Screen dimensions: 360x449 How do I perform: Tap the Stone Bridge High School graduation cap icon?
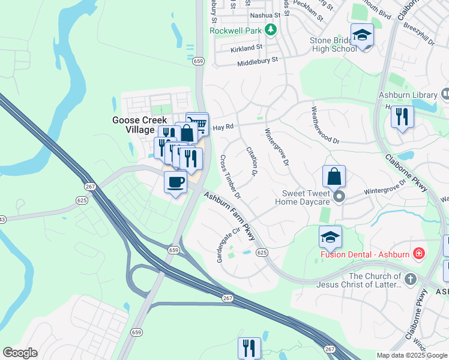coord(363,36)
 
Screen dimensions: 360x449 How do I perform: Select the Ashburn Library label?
coord(408,95)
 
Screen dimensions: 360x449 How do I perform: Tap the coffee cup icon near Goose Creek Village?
coord(175,182)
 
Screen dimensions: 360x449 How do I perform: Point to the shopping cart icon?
coord(197,124)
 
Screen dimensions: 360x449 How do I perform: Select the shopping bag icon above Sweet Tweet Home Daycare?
coord(334,176)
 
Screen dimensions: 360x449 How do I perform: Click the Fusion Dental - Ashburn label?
coord(364,254)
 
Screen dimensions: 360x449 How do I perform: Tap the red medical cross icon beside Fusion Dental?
coord(418,253)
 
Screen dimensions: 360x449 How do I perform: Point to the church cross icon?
coord(410,279)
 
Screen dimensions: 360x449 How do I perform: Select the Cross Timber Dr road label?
coord(230,177)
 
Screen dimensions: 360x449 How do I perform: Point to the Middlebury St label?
coord(258,61)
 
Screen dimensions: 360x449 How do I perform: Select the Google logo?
coord(20,353)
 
